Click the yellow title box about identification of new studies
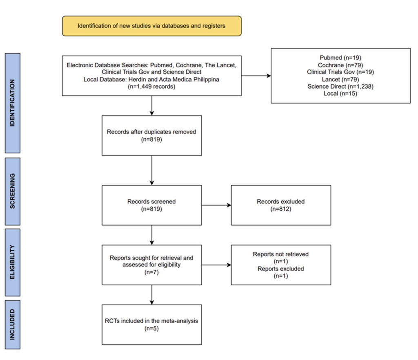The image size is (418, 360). [152, 26]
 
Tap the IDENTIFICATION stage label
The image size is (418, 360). [13, 103]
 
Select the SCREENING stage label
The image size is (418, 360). [13, 191]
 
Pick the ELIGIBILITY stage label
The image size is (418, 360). [13, 262]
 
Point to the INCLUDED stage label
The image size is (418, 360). [13, 324]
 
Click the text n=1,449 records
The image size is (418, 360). [151, 87]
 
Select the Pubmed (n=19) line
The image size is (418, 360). [340, 58]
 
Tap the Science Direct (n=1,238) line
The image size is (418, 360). [340, 87]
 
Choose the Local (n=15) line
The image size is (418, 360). [340, 93]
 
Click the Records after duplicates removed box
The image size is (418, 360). [152, 136]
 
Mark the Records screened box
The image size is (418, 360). [152, 205]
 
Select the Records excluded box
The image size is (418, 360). [281, 205]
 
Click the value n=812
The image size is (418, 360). [281, 209]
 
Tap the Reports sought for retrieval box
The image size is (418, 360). [152, 265]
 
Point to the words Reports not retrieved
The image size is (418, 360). [281, 254]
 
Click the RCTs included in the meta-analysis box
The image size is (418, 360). [152, 324]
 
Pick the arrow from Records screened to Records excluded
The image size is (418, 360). [216, 205]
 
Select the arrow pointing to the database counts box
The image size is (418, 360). [256, 76]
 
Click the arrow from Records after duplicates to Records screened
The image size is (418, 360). [152, 170]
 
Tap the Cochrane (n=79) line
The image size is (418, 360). [340, 65]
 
